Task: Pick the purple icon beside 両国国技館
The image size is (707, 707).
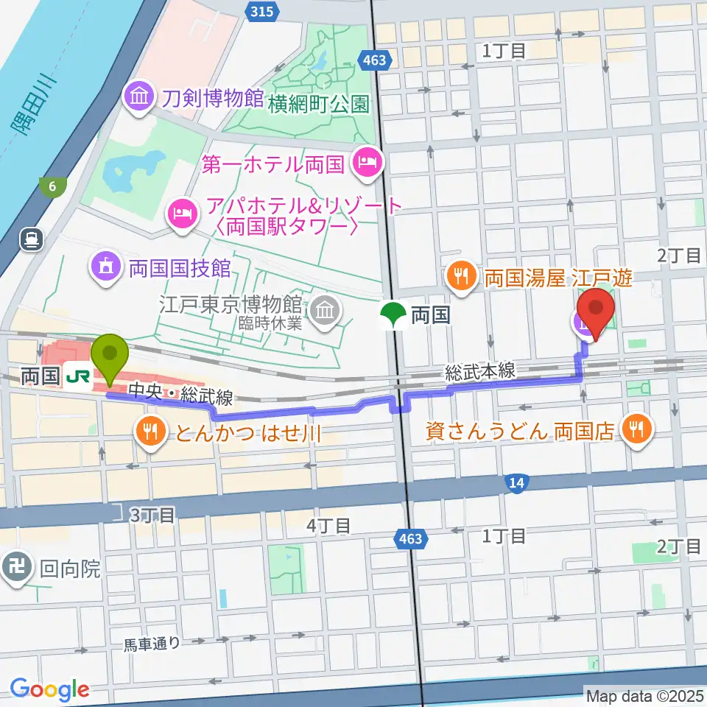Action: [105, 266]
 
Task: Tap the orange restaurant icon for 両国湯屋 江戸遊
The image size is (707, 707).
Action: [462, 278]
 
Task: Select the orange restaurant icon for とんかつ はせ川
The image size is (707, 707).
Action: [150, 432]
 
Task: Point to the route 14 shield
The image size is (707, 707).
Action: [517, 482]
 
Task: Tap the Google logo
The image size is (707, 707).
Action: [49, 689]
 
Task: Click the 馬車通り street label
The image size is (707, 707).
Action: [151, 644]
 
